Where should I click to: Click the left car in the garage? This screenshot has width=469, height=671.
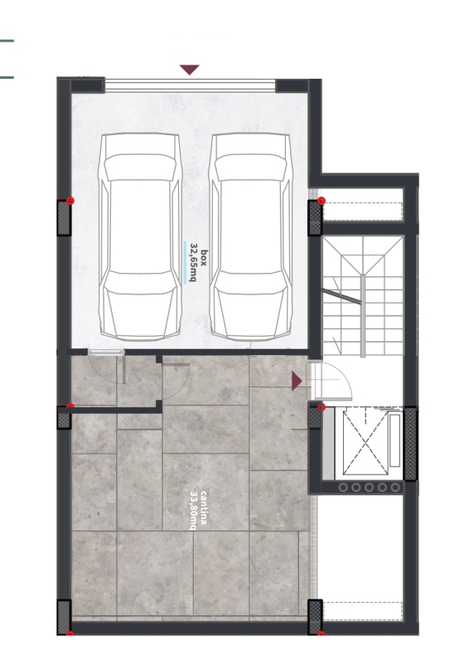(140, 236)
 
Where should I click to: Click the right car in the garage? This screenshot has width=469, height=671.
(252, 236)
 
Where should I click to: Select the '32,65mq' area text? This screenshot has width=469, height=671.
(193, 262)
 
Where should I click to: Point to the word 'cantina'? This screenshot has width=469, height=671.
(204, 508)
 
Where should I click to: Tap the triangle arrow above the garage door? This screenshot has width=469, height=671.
(190, 70)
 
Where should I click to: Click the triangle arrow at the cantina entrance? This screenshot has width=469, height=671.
(297, 381)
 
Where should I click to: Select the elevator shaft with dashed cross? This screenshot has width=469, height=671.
(365, 441)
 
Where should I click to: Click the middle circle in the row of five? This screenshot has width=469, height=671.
(369, 487)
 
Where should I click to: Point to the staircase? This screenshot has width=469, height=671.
(363, 296)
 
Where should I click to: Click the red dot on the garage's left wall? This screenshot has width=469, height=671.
(70, 201)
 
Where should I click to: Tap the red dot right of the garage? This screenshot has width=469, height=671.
(322, 201)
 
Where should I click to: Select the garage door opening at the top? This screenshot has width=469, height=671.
(191, 85)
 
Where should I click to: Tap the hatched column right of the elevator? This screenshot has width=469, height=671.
(410, 444)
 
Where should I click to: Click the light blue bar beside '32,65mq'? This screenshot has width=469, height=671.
(185, 262)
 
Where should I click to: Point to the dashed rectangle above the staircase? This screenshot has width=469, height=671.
(363, 212)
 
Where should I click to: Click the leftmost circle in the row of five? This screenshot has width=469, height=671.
(343, 487)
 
